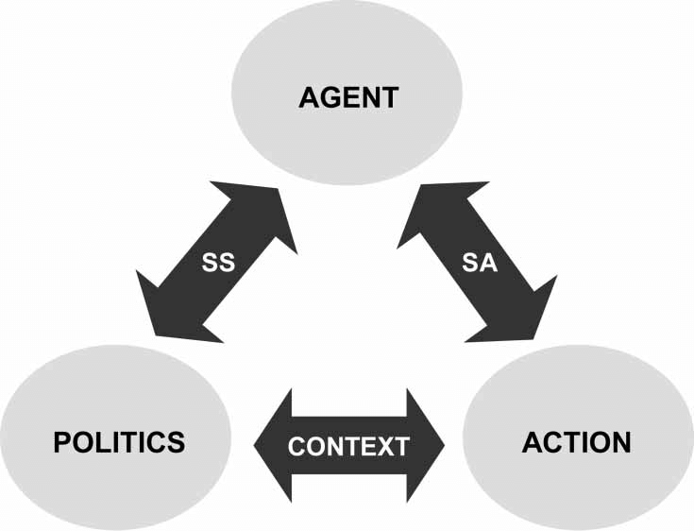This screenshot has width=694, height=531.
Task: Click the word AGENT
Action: coord(348,98)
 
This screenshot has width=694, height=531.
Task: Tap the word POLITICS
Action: coord(119,442)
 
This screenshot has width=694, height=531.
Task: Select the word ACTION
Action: coord(576,442)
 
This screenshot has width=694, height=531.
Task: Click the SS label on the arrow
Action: coord(217,264)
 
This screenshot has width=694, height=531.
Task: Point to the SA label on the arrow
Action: coord(479,264)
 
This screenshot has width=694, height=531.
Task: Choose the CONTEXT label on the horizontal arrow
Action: coord(348,446)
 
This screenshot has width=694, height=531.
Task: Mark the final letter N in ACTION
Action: coord(619,442)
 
